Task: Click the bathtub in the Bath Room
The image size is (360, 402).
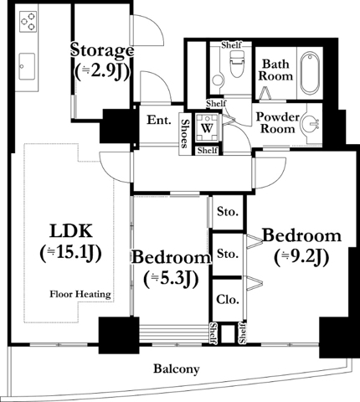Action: pos(310,73)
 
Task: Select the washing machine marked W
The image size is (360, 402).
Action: pos(207,128)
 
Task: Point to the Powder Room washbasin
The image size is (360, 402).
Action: pos(311,123)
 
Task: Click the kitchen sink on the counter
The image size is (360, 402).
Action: pos(27,66)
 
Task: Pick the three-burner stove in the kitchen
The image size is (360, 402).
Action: pos(28,22)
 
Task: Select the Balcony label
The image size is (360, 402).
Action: pos(177,369)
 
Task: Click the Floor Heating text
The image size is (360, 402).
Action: pos(80,294)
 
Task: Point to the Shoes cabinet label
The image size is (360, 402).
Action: pos(184,133)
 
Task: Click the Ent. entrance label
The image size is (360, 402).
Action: pos(159,120)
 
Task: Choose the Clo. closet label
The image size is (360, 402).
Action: pos(228,300)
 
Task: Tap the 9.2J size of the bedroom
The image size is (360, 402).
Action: pos(301,258)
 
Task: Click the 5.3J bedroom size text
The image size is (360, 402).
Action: pos(171,279)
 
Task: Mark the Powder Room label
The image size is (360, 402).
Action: pos(278,123)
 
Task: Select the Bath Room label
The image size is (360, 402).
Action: pos(275,70)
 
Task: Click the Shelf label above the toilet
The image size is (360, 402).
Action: pos(231,44)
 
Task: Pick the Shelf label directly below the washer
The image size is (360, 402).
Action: pos(208,151)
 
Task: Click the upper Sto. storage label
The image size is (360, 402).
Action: pos(228,212)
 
